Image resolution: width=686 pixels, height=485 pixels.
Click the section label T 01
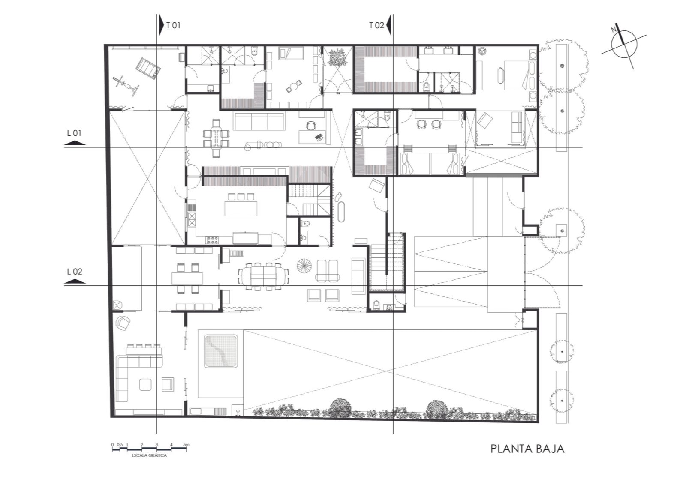[x=173, y=25]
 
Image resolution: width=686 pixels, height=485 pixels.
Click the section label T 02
[x=376, y=25]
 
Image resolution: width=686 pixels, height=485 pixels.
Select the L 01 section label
[x=74, y=133]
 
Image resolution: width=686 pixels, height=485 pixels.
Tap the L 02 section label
[x=75, y=271]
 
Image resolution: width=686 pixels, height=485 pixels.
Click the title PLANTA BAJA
[x=527, y=449]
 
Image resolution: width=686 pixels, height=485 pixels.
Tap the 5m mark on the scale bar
[x=186, y=445]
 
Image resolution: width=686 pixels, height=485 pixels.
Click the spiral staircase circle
[x=304, y=266]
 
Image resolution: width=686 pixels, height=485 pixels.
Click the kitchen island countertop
[x=241, y=208]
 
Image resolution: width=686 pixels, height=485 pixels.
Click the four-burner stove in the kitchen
[x=212, y=240]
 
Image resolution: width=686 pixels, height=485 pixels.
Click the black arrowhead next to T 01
[x=161, y=26]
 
